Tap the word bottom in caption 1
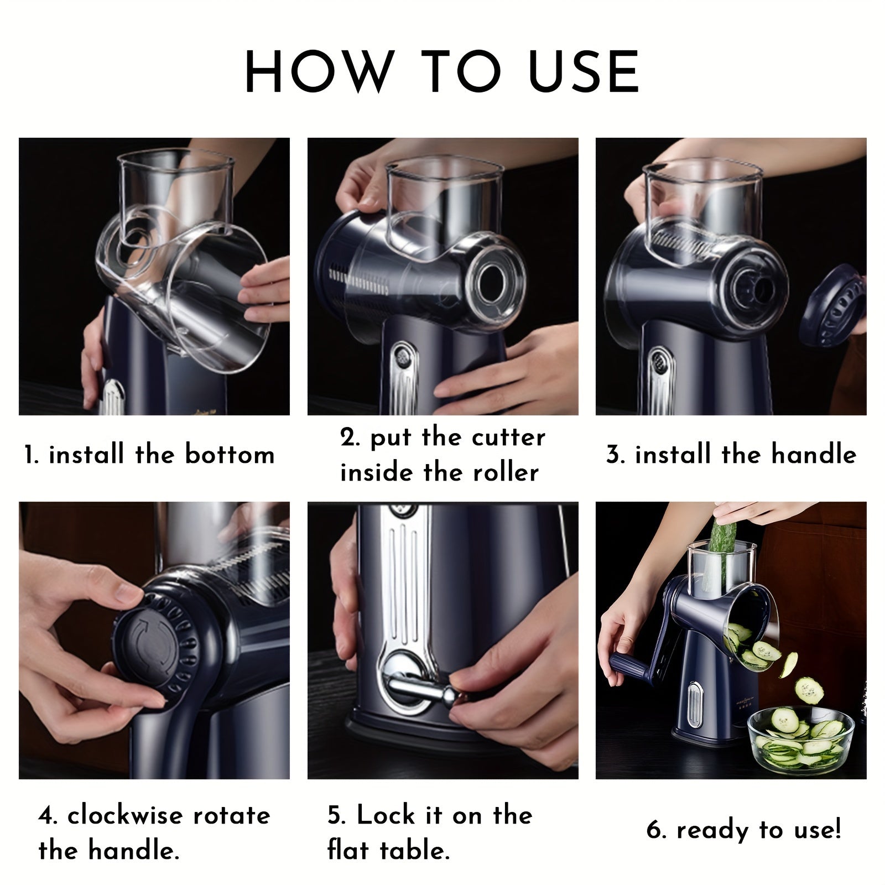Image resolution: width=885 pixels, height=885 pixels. click(230, 455)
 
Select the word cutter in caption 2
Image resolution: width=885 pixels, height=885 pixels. click(509, 438)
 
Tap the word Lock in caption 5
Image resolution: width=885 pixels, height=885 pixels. click(386, 815)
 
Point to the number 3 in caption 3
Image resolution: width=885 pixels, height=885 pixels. click(614, 455)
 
